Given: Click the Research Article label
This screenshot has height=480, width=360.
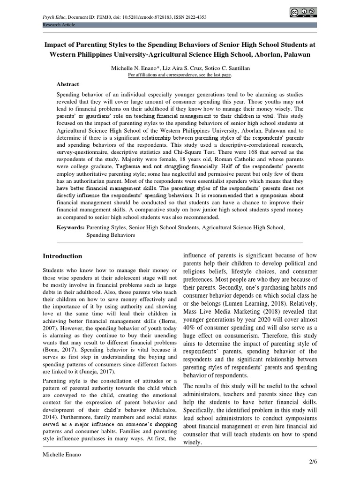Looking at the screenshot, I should coord(60,24).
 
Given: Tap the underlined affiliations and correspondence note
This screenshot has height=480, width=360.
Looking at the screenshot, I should coord(180,75).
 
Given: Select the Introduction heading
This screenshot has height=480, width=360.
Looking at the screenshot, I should coord(62,256).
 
